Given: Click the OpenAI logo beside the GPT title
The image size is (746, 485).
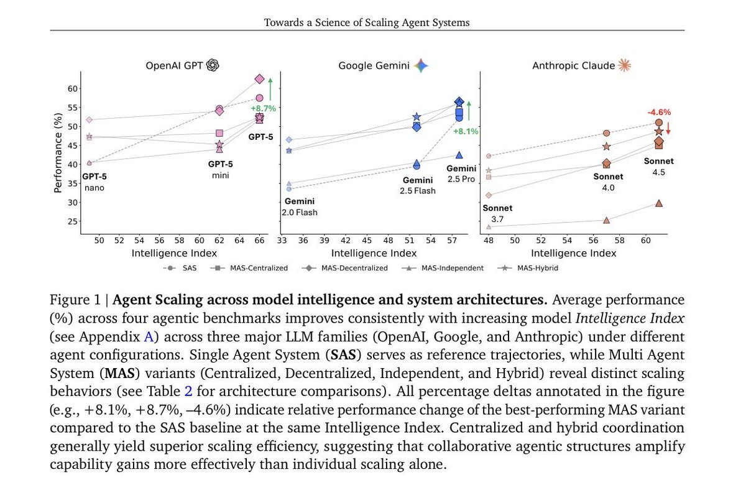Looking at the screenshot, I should click(x=213, y=65).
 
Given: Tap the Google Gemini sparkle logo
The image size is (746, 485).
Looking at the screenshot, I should click(x=422, y=65).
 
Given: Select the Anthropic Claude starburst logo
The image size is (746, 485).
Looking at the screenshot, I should click(x=624, y=65).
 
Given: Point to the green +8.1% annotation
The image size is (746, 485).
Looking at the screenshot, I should click(x=464, y=131).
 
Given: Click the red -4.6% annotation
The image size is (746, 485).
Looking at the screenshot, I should click(x=659, y=112).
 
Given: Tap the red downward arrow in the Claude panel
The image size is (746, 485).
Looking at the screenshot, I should click(x=668, y=129).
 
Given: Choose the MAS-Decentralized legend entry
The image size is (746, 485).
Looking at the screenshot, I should click(x=347, y=268).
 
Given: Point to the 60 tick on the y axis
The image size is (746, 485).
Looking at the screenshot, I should click(x=73, y=89).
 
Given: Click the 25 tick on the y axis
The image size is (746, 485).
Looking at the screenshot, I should click(x=73, y=221).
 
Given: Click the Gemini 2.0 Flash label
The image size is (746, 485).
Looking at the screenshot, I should click(x=300, y=206).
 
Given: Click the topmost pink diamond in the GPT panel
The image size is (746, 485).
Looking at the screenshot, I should click(x=259, y=79).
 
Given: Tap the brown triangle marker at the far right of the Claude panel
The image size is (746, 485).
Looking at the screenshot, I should click(x=659, y=203).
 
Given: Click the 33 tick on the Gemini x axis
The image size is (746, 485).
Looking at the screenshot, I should click(x=282, y=240).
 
